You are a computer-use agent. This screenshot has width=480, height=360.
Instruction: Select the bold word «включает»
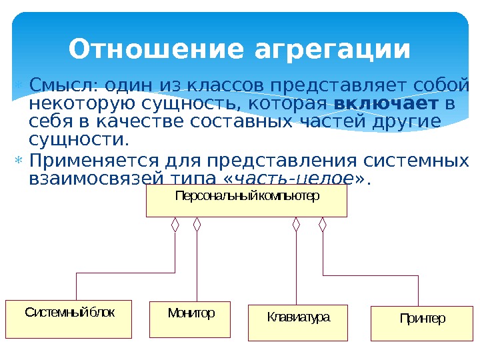pos(386,105)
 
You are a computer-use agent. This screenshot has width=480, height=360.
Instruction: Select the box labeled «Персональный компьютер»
pos(247,201)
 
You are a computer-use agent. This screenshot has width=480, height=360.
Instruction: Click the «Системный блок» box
pos(70,319)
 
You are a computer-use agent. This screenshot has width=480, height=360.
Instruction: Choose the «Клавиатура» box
pos(299,323)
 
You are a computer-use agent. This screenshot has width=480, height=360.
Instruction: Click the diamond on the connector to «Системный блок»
pos(175,225)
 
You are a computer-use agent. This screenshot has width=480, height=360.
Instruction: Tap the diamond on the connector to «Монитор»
pos(197,225)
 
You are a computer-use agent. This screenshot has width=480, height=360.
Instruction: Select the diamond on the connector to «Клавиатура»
pos(297,225)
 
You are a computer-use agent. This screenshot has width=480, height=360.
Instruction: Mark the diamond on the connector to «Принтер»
pos(323,225)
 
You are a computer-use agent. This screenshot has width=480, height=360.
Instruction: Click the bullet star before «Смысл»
pos(19,86)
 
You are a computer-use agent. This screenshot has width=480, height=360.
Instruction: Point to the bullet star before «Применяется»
pos(19,161)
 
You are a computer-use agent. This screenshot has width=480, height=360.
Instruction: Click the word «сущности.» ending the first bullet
pos(77,140)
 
